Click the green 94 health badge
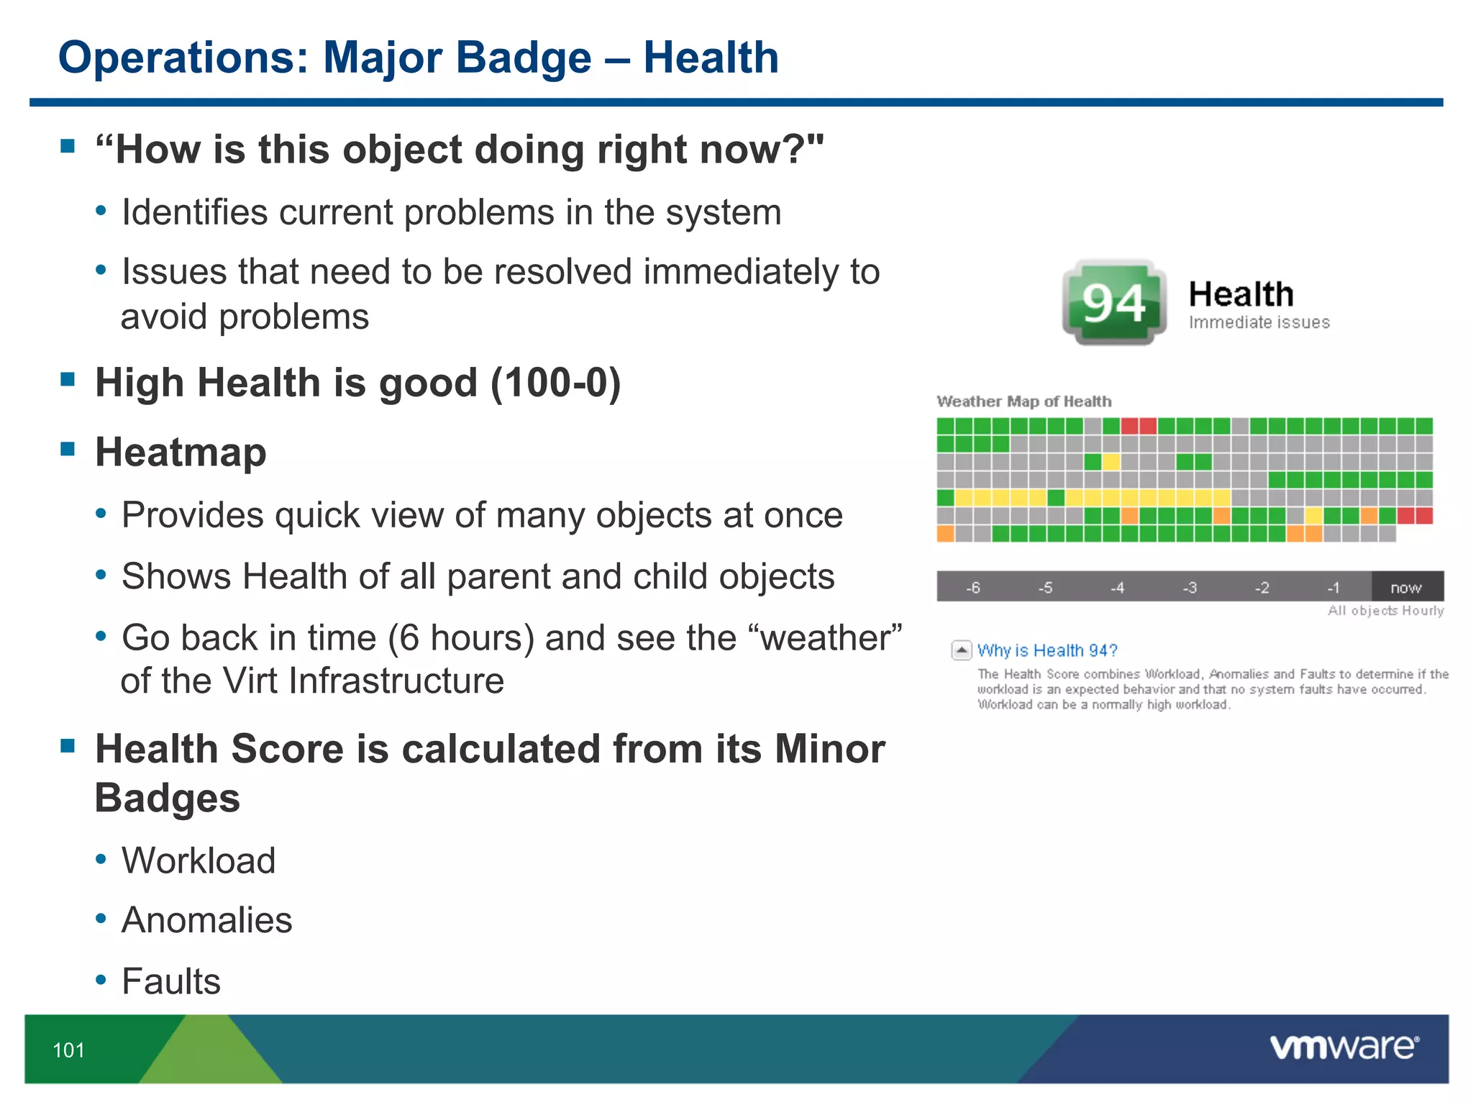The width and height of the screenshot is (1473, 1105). click(1113, 303)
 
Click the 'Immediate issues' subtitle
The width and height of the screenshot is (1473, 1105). click(1259, 322)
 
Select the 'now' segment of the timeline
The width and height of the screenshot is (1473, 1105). click(1406, 587)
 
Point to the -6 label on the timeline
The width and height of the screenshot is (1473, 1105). click(972, 588)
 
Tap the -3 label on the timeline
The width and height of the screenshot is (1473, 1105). click(1190, 588)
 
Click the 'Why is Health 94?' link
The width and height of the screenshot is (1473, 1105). click(1046, 650)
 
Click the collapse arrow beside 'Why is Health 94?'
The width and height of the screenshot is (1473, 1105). click(961, 650)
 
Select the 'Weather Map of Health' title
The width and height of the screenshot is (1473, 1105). click(1023, 401)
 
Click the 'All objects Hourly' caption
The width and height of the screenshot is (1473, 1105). click(1385, 611)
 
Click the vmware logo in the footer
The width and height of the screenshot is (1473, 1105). click(1344, 1047)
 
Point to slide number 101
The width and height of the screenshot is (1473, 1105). click(68, 1050)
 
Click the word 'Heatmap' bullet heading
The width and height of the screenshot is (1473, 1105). click(181, 453)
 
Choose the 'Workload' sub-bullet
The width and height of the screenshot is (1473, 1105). click(199, 860)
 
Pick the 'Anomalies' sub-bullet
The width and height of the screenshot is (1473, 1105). click(206, 920)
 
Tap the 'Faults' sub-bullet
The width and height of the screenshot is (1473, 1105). click(170, 981)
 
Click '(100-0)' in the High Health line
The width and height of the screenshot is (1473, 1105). click(555, 383)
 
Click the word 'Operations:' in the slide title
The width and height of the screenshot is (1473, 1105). click(183, 58)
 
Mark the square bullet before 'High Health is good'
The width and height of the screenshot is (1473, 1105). click(68, 379)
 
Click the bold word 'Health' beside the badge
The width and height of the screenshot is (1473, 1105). click(1241, 294)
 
